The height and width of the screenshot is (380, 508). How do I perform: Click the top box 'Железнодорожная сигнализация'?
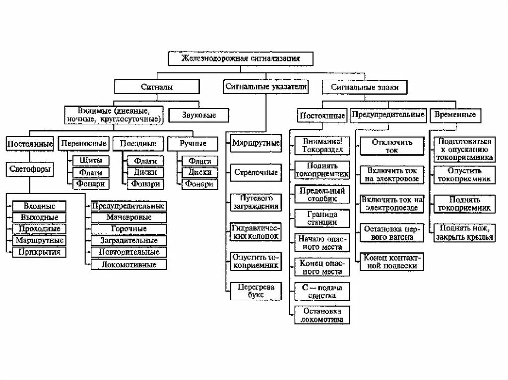241,58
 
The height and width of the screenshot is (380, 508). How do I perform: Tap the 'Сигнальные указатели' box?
265,87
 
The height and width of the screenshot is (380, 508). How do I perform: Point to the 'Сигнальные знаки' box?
365,88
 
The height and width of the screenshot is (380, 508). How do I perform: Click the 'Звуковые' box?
199,115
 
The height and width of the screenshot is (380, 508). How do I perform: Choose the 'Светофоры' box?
30,169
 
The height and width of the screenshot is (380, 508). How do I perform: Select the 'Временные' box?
454,114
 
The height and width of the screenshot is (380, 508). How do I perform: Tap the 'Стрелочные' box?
255,172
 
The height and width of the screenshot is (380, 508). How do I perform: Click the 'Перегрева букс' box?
255,291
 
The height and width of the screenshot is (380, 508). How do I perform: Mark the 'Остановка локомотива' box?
322,315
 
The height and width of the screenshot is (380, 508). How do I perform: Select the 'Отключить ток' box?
392,146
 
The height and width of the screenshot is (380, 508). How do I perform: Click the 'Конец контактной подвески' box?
392,262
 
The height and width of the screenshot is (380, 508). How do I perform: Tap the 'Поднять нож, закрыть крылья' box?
464,232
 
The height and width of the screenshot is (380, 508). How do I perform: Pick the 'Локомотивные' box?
128,264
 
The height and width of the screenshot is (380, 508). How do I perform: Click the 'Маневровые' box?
128,217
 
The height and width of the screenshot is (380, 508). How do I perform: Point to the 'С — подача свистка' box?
321,291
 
